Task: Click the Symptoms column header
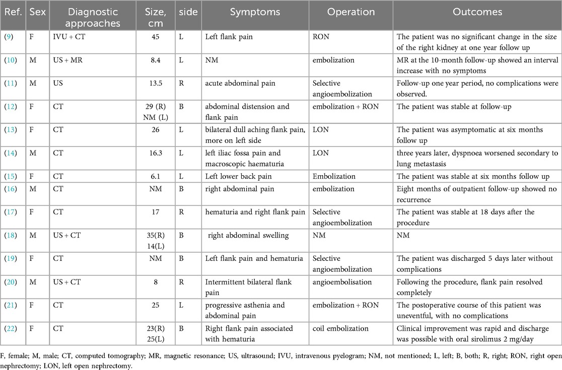coord(255,12)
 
